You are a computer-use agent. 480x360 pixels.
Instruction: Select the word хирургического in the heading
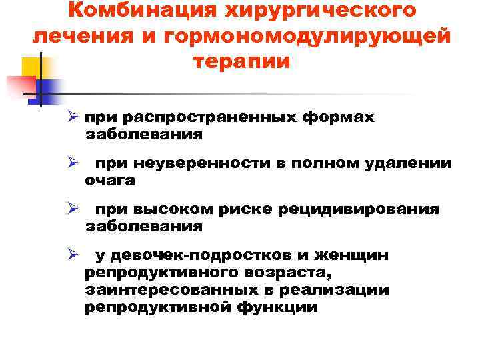[319, 11]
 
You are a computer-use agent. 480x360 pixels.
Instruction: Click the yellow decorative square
[30, 67]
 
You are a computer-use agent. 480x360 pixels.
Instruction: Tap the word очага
[109, 180]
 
